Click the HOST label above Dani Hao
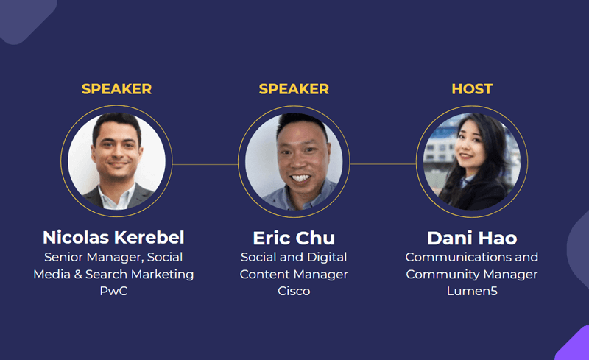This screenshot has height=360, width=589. [x=472, y=89]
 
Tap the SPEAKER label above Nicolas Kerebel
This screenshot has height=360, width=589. [x=116, y=89]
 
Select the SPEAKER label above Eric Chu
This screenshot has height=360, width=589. [x=294, y=89]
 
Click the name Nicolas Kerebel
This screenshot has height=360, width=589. [x=113, y=238]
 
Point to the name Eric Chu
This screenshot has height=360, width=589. [x=294, y=238]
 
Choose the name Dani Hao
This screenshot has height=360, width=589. [x=472, y=238]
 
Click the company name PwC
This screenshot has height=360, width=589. [x=113, y=291]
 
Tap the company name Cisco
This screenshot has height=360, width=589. [x=294, y=291]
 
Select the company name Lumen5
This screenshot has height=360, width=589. [x=472, y=291]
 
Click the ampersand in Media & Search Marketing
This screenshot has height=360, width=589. [x=78, y=275]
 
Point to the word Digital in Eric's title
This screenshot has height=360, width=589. [x=327, y=258]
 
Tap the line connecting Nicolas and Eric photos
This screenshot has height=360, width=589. [x=205, y=164]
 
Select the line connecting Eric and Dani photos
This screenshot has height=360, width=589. [x=383, y=164]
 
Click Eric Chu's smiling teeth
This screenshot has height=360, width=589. [x=300, y=177]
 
